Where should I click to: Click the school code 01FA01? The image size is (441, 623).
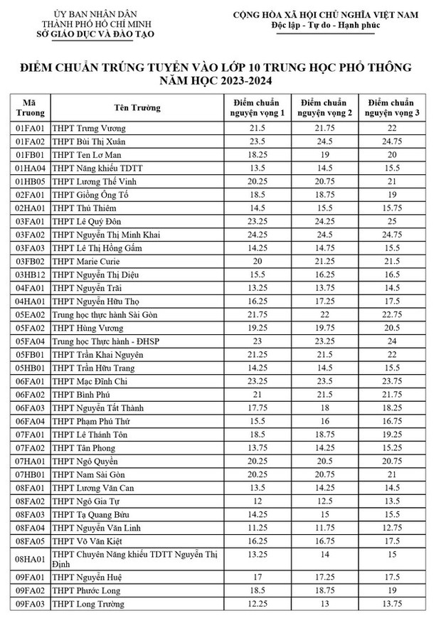pos(30,128)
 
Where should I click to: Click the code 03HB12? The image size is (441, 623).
pos(31,275)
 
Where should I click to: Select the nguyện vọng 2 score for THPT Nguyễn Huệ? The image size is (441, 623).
pos(324,577)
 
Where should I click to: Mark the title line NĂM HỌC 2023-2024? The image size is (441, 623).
pos(220,82)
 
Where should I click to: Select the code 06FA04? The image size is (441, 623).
pos(31,421)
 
